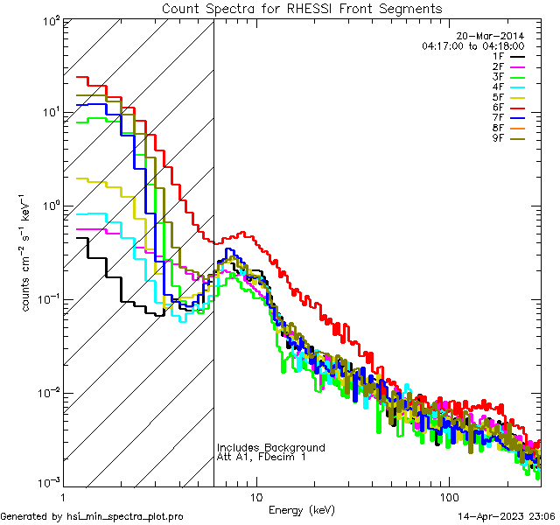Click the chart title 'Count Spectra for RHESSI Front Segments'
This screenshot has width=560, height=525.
point(302,9)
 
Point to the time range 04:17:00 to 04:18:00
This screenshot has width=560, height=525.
point(472,45)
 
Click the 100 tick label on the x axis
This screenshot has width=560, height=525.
point(449,496)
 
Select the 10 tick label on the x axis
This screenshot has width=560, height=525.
point(255,496)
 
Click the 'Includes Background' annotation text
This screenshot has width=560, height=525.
point(271,447)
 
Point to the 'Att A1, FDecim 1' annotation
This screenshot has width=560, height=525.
point(262,458)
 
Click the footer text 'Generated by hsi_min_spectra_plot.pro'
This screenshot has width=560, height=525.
point(92,516)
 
